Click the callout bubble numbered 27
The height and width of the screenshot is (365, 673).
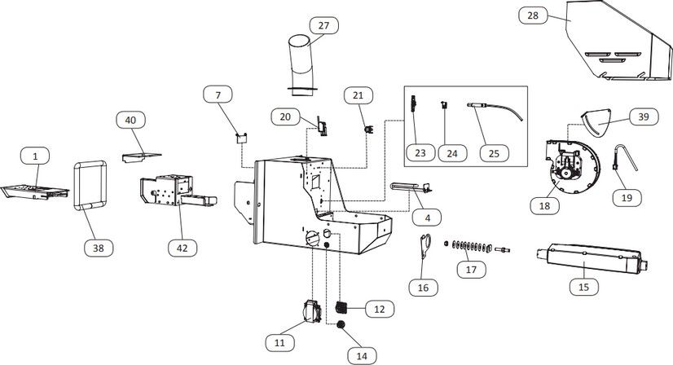(323, 26)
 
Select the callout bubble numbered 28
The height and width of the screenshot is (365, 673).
(533, 15)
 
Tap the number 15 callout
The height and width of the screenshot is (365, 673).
(584, 287)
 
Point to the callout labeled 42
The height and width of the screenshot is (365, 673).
(183, 248)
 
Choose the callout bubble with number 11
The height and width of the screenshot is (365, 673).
(279, 343)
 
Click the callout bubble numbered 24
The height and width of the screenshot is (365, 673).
(452, 153)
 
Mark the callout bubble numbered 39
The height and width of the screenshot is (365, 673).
(644, 117)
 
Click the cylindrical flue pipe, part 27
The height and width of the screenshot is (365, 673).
(301, 64)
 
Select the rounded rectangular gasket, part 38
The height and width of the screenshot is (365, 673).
(90, 186)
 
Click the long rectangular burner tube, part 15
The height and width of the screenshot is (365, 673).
(592, 258)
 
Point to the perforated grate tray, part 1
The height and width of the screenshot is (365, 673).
(35, 192)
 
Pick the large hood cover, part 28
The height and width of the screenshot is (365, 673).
(618, 41)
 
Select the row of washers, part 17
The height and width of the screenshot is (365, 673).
(471, 247)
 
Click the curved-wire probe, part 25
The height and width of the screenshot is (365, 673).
(495, 110)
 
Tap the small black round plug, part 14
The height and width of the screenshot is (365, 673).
(341, 324)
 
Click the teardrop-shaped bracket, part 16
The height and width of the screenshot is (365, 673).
(425, 245)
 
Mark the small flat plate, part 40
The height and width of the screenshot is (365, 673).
(141, 157)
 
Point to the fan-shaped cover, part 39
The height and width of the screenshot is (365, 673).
(596, 121)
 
